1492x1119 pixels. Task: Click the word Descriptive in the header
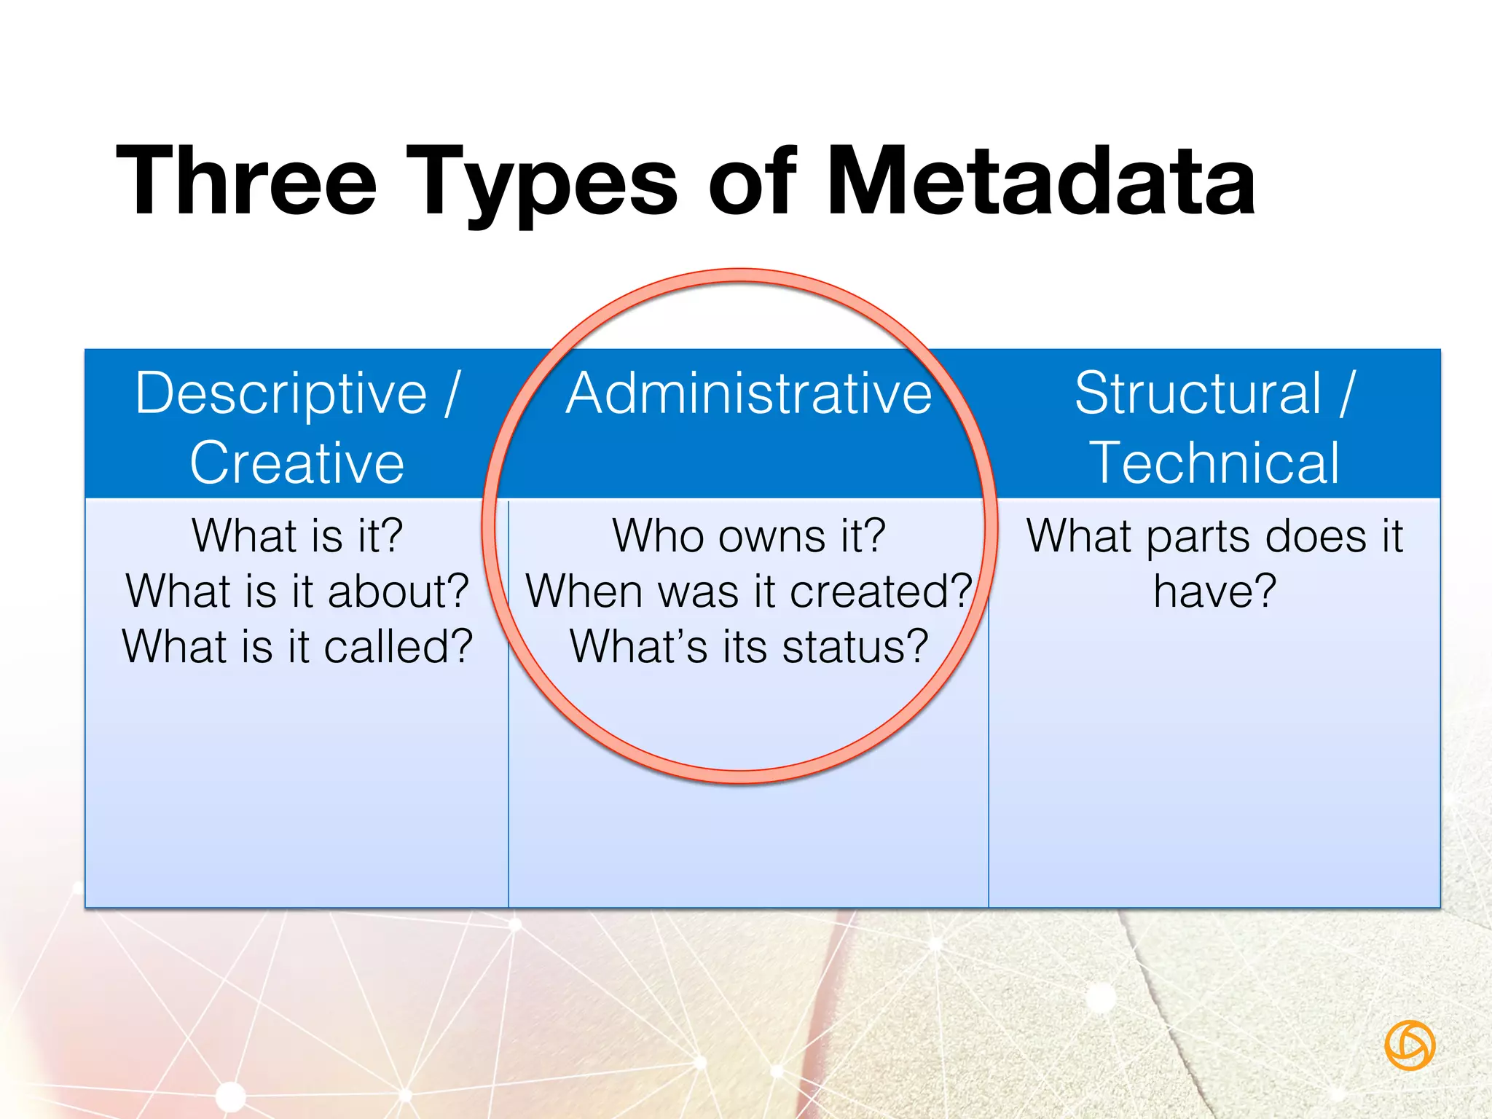(x=281, y=393)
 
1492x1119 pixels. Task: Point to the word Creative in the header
(x=297, y=463)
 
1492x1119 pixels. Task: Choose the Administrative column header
(x=749, y=393)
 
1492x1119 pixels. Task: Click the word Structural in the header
(x=1198, y=393)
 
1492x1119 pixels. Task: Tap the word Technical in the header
(x=1214, y=463)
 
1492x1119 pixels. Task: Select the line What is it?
(x=297, y=535)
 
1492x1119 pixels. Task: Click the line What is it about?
(x=297, y=591)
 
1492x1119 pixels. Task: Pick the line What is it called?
(x=297, y=646)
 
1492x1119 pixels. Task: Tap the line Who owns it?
(x=749, y=535)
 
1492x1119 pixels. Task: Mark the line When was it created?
(x=749, y=591)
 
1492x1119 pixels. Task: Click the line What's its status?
(x=749, y=646)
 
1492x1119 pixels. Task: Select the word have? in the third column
(x=1214, y=591)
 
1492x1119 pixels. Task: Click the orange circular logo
(x=1410, y=1045)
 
